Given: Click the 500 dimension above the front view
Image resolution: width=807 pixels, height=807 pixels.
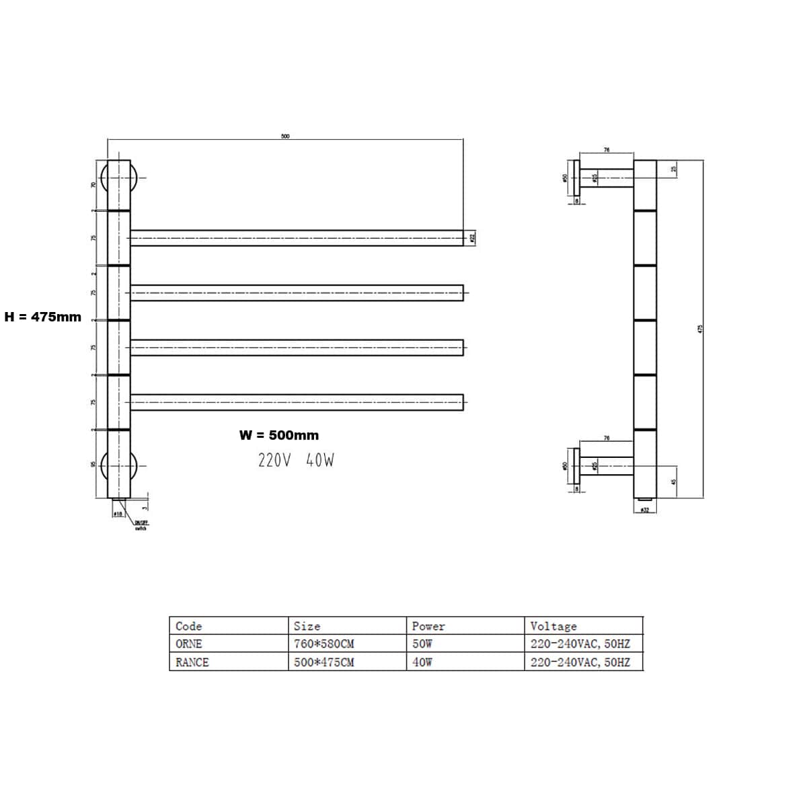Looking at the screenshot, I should (x=285, y=136).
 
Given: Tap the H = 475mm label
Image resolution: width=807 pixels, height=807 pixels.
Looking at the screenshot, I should (x=43, y=317).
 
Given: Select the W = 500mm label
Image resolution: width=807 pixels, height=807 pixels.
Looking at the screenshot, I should (x=279, y=435).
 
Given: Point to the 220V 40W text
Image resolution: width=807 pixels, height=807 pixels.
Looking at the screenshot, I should (x=296, y=460).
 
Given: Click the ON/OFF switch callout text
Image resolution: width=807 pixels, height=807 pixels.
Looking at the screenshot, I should (x=141, y=525).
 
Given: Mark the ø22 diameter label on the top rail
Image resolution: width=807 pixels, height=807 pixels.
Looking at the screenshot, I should (x=473, y=237).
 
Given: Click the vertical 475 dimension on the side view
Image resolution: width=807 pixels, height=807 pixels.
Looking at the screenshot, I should (x=700, y=329).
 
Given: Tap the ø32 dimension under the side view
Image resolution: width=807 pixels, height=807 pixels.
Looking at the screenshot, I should (x=644, y=510).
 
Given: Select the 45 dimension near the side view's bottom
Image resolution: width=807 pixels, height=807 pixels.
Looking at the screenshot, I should (x=673, y=482).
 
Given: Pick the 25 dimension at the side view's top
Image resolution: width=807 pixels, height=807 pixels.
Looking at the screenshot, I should (x=674, y=169).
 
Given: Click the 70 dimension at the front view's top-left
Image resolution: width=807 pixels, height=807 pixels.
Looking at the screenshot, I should (x=94, y=185).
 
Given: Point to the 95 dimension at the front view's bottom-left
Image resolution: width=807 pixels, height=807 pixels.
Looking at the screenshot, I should (x=94, y=465).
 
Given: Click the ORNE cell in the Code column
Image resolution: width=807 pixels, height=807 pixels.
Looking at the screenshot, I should (x=189, y=644).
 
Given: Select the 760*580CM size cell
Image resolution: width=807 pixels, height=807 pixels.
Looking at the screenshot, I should (x=324, y=644).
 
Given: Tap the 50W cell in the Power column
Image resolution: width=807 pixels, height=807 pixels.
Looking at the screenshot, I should (x=422, y=644).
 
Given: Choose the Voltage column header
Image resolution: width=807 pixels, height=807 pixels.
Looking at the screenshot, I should (x=553, y=626).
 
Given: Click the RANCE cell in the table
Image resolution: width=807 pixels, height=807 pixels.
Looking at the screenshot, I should (x=192, y=662).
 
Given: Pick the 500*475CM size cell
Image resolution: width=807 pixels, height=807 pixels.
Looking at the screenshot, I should (x=324, y=662).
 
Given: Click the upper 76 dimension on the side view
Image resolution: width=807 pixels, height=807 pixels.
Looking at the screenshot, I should (x=606, y=150).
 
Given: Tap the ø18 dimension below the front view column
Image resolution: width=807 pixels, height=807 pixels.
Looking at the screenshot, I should (x=117, y=513).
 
